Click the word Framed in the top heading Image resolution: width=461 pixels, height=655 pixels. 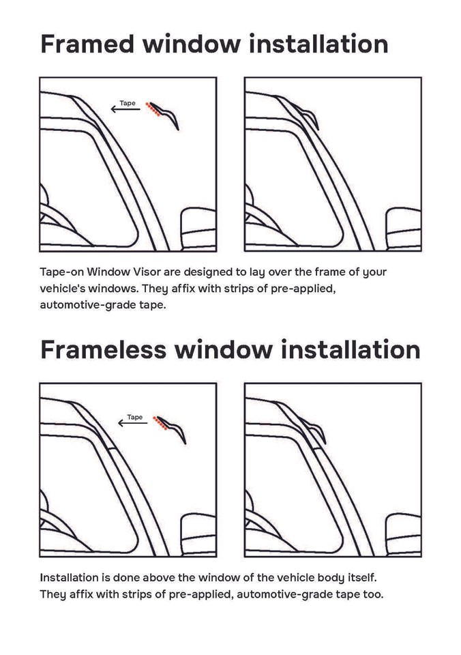(x=87, y=44)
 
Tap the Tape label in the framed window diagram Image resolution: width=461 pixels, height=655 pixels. (x=128, y=103)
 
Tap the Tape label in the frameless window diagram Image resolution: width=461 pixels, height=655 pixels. (x=135, y=417)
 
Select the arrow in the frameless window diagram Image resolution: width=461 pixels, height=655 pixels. (x=132, y=423)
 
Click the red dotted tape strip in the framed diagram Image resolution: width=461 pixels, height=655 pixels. (x=153, y=111)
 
